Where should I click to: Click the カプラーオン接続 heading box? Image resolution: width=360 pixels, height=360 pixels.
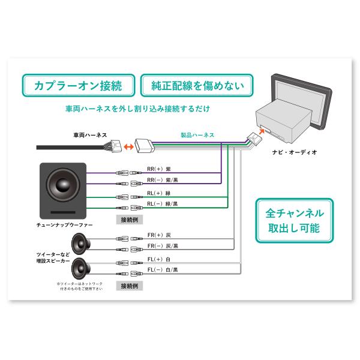tap(78, 85)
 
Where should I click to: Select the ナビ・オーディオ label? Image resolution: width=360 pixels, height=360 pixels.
tap(294, 152)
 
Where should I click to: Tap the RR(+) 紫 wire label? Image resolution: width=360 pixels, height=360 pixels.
tap(159, 169)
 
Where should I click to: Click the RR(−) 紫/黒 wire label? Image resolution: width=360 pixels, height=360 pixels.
tap(163, 179)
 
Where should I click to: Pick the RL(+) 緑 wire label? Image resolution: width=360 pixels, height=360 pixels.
tap(159, 193)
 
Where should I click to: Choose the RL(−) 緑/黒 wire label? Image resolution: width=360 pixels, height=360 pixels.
tap(163, 204)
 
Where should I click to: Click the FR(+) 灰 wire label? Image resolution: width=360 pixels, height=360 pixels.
tap(159, 235)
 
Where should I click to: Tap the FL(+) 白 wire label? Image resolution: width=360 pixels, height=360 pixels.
tap(159, 259)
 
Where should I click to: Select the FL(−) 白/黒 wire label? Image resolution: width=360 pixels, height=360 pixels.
tap(163, 270)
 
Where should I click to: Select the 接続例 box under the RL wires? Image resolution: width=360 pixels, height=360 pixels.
tap(130, 220)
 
